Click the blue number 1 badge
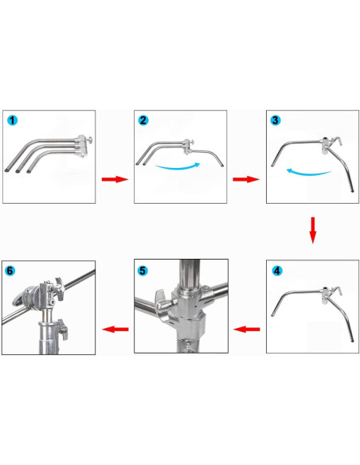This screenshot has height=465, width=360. (x=13, y=120)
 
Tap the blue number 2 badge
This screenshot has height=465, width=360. (x=143, y=120)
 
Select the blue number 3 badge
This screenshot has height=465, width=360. (x=275, y=120)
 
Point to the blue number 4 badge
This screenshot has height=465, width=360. (x=276, y=271)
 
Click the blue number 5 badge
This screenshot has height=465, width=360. (x=143, y=271)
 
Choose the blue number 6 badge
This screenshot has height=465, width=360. (x=11, y=271)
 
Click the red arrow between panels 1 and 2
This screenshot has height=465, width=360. (x=115, y=179)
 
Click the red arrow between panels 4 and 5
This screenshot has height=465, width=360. (x=247, y=328)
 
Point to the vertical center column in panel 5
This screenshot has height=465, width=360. (x=189, y=283)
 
